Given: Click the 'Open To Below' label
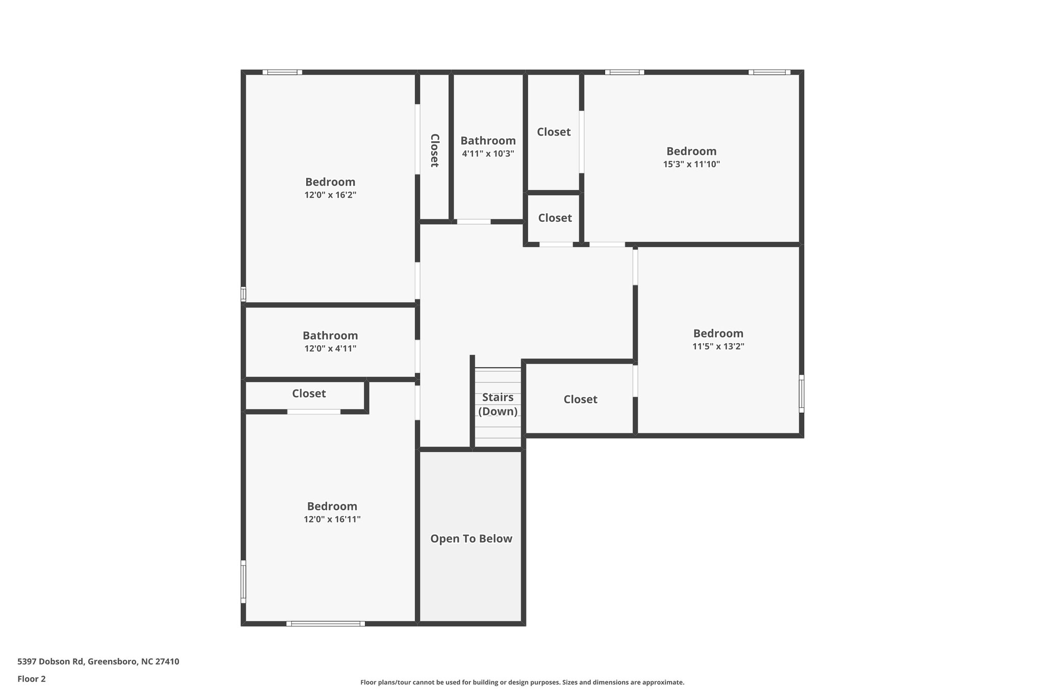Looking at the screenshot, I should point(471,538).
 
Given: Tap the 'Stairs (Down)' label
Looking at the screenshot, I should point(497,404).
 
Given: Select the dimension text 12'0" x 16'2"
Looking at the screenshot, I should point(330,195).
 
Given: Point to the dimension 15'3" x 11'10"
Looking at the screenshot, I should point(691,164).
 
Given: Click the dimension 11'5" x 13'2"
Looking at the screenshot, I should point(718,346).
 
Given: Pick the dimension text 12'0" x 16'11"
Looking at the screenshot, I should point(332,519).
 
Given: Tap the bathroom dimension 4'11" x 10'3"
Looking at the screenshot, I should point(488,153).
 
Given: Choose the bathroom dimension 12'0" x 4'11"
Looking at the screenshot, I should point(330,349).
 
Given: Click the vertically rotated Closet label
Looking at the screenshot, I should point(434,150).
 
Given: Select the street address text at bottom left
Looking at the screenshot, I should point(98,662).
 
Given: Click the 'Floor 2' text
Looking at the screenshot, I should point(32,679).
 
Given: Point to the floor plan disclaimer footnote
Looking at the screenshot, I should point(522,682).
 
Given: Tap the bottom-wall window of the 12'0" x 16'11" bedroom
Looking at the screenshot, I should point(326,624).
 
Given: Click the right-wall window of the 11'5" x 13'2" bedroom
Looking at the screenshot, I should point(801,394).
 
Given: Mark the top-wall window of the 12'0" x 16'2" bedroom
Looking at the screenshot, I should point(282,72).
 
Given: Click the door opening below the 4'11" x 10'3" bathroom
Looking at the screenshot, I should point(474,222).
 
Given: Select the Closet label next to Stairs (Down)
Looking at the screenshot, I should point(580,399).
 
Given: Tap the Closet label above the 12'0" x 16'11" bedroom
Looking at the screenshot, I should point(309,394).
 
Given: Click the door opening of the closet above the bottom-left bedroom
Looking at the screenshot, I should point(314,411).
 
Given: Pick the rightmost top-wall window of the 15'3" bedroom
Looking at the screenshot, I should point(769,72).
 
